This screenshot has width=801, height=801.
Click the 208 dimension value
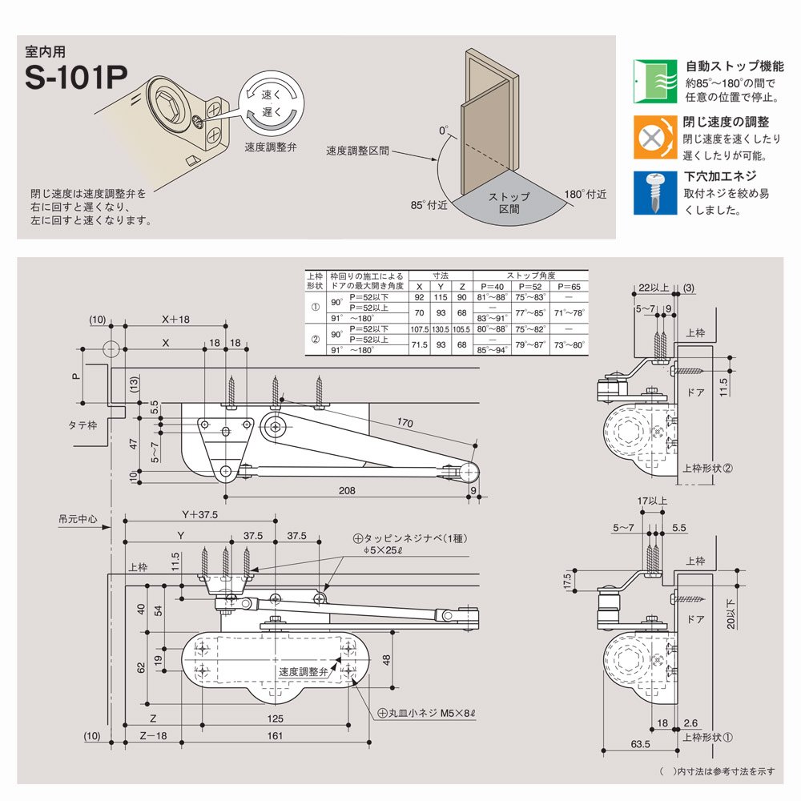coord(346,491)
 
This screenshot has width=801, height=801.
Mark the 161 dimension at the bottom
coord(275,736)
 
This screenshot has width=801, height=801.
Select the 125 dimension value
coord(275,718)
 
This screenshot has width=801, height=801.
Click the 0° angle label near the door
coord(444,129)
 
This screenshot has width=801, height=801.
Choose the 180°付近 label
coord(586,194)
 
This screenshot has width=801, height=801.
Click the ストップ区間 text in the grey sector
coord(509,202)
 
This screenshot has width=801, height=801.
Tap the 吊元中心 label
coord(78,519)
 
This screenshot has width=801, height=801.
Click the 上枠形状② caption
coord(707,468)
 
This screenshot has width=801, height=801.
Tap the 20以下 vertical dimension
coord(731,614)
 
